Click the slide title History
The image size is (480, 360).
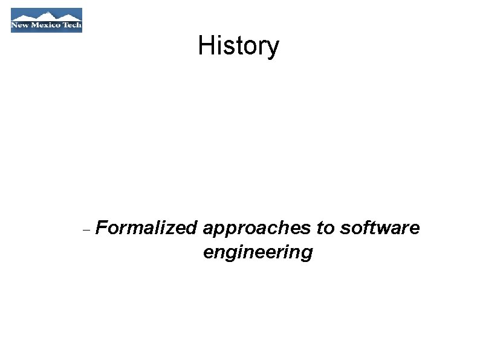coord(238,46)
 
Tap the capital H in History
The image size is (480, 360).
coord(204,46)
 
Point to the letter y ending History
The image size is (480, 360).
coord(273,48)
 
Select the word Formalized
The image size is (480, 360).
coord(146,228)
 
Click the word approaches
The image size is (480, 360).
coord(256,229)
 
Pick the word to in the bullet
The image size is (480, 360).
coord(325,228)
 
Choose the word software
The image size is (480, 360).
coord(380,228)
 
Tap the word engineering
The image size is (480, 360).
coord(258,252)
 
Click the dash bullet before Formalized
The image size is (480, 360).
coord(85,231)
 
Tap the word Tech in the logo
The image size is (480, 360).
coord(71,26)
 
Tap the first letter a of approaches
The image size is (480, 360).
coord(209,229)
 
